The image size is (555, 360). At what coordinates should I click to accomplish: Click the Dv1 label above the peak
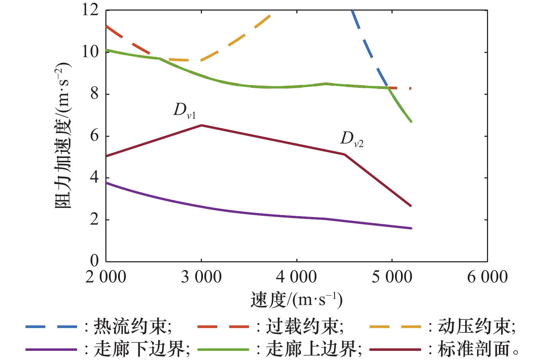(x=184, y=110)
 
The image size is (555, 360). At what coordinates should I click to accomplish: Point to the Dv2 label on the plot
(x=352, y=139)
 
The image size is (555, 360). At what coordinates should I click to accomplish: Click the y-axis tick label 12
(x=90, y=10)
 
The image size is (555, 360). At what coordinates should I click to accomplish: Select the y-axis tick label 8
(x=94, y=94)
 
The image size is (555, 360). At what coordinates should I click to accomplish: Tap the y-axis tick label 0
(x=94, y=261)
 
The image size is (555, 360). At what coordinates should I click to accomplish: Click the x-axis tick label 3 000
(x=201, y=277)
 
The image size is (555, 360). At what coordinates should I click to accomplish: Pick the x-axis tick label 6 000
(x=487, y=277)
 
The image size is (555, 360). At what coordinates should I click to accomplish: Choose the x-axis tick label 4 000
(x=296, y=277)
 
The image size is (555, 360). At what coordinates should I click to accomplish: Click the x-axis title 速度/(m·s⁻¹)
(x=296, y=300)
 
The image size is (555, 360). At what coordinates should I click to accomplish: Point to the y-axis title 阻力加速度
(x=63, y=136)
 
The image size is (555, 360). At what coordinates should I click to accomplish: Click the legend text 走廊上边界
(x=312, y=349)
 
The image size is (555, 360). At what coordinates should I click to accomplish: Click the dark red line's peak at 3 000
(x=201, y=125)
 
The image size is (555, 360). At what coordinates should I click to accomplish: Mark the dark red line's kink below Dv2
(x=344, y=154)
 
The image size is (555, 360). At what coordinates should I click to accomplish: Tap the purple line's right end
(x=411, y=228)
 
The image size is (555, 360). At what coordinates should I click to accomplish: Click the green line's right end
(x=411, y=122)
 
